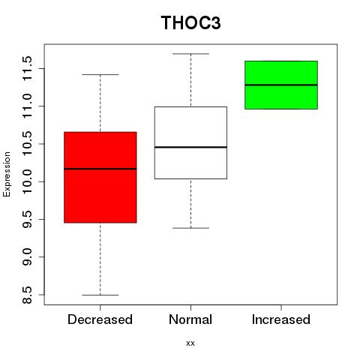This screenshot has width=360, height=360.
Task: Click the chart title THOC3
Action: click(x=190, y=22)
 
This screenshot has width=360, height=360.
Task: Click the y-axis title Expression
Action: click(x=7, y=174)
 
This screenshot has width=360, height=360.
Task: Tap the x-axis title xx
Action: click(x=190, y=343)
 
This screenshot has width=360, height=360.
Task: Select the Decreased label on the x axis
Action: click(x=100, y=319)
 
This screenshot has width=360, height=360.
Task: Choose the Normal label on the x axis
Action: click(x=190, y=319)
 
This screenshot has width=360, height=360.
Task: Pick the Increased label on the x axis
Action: click(x=281, y=319)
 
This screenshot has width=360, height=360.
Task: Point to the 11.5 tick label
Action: click(x=27, y=68)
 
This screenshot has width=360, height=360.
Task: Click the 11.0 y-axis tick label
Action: click(x=27, y=106)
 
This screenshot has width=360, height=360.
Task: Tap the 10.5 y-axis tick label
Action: click(x=27, y=144)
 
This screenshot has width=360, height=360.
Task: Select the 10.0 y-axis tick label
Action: click(x=27, y=181)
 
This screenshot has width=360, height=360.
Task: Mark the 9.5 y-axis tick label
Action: click(x=27, y=219)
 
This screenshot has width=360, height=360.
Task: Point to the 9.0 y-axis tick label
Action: click(x=27, y=257)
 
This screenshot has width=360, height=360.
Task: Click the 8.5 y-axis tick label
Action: click(x=27, y=295)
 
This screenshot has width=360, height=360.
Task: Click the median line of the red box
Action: click(x=100, y=169)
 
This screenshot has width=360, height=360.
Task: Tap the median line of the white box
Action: click(x=190, y=147)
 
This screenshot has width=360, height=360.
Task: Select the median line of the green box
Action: click(x=281, y=85)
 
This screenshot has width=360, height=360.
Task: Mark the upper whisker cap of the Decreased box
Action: click(x=100, y=74)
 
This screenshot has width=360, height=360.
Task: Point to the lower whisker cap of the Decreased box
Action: click(x=100, y=295)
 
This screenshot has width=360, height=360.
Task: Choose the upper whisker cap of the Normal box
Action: click(x=190, y=53)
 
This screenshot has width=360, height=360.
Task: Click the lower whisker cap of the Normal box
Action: click(x=190, y=228)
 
